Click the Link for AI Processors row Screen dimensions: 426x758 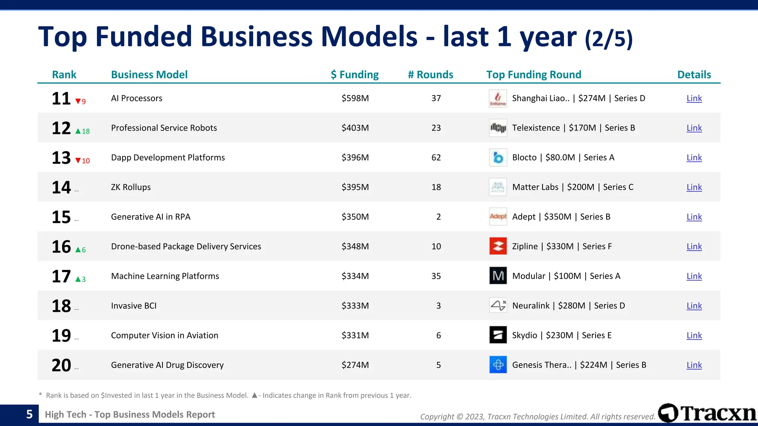(x=694, y=98)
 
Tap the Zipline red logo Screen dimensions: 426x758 (x=498, y=246)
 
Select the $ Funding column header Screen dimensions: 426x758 (x=355, y=75)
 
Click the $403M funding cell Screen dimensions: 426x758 (x=355, y=128)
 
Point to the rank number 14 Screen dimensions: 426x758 (x=61, y=187)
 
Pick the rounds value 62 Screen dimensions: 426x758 (x=436, y=158)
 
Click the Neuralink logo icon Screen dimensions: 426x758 (x=498, y=305)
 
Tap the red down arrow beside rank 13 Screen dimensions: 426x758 (x=78, y=160)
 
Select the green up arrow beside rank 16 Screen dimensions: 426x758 (x=78, y=250)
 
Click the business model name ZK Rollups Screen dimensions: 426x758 (x=131, y=187)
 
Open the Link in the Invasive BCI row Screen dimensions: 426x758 (x=694, y=306)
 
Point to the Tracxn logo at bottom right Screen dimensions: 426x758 (x=707, y=413)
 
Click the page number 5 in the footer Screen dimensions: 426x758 (x=29, y=414)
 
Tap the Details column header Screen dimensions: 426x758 (x=694, y=75)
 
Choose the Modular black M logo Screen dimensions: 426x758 (x=498, y=276)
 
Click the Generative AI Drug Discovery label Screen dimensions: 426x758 (x=167, y=365)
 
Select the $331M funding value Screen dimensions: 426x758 (x=355, y=335)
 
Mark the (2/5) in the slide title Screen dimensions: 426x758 (x=608, y=39)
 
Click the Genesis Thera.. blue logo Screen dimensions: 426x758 (x=498, y=365)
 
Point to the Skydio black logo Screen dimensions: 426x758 (x=498, y=335)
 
